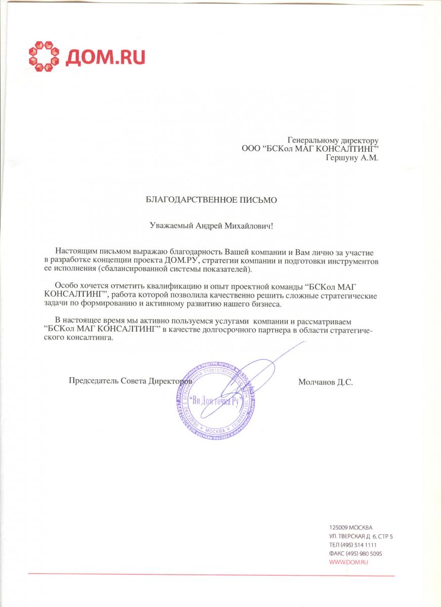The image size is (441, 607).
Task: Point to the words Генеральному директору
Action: point(333,140)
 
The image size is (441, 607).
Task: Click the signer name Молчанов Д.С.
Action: point(326,382)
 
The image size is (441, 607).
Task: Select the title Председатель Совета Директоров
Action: point(130,380)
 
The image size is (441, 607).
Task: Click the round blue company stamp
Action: point(215,400)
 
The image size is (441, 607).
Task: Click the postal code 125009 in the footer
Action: point(337,527)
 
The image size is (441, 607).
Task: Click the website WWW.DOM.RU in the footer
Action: point(347,562)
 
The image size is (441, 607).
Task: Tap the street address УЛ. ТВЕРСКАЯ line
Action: point(361,536)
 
